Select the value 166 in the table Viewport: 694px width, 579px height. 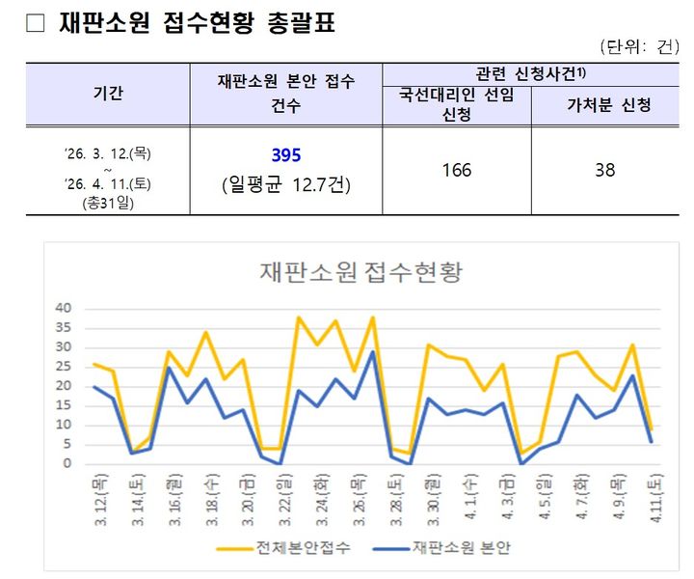(x=456, y=170)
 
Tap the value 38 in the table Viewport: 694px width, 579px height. (x=605, y=170)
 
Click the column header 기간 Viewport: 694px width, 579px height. (x=108, y=94)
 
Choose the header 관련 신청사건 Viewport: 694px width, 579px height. (x=530, y=74)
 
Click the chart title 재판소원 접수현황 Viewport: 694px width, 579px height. (x=361, y=271)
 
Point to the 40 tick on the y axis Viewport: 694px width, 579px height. (x=65, y=309)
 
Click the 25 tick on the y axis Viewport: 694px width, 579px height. (x=65, y=367)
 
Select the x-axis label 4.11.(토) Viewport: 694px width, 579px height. (x=655, y=500)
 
